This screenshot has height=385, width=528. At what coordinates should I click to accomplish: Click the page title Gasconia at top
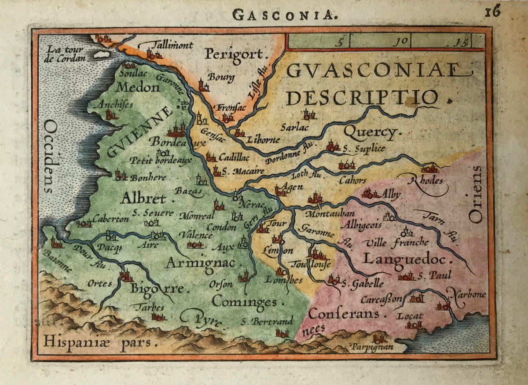[x=285, y=15]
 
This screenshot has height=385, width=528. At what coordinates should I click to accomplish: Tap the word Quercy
[x=370, y=131]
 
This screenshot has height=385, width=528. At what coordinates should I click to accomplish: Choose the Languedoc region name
[x=405, y=259]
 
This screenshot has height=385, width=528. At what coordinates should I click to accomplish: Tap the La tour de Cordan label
[x=68, y=53]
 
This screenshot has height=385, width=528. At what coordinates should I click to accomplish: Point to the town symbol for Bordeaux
[x=177, y=130]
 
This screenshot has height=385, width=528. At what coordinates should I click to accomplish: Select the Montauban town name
[x=324, y=214]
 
